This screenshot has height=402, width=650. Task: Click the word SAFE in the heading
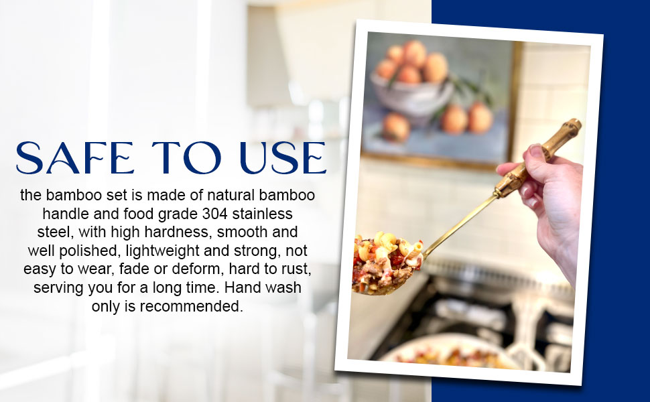74,157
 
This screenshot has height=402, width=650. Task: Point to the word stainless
263,214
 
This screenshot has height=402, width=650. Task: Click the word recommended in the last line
191,306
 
